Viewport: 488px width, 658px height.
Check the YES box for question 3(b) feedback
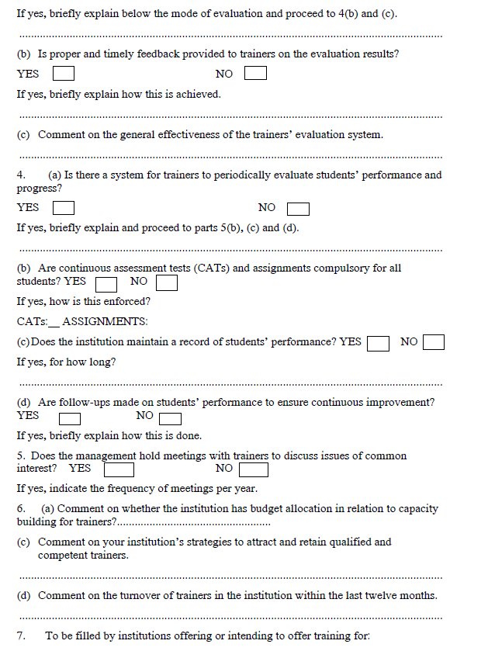click(x=64, y=74)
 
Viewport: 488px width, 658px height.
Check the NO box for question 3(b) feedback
click(x=255, y=74)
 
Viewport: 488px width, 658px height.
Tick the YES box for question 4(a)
click(x=64, y=208)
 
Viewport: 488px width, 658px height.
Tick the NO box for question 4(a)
click(x=298, y=209)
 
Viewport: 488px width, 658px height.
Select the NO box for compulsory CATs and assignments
click(x=166, y=282)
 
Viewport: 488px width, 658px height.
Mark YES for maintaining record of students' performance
click(x=378, y=342)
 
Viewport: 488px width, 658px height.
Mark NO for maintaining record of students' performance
click(x=434, y=342)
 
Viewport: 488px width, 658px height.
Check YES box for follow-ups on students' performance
click(x=71, y=420)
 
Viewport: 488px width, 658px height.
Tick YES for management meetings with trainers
click(x=119, y=469)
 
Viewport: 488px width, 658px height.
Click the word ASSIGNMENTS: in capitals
click(x=105, y=322)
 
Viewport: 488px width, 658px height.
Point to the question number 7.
click(x=21, y=635)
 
